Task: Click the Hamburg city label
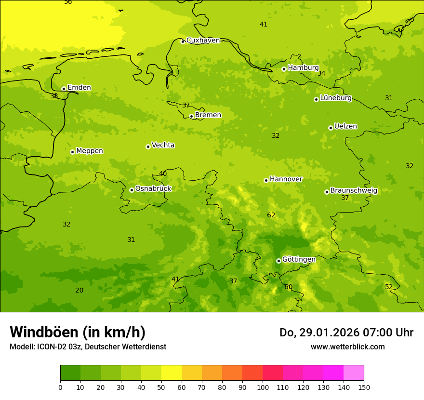click(x=303, y=68)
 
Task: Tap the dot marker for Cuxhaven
click(x=183, y=41)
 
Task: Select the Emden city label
click(x=79, y=88)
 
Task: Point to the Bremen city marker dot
click(x=191, y=116)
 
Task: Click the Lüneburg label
click(x=335, y=98)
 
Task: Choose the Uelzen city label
click(x=345, y=127)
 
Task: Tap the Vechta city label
click(x=163, y=146)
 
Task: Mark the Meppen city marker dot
click(x=72, y=152)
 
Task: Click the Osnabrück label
click(x=153, y=189)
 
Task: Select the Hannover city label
click(x=286, y=179)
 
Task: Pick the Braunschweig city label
click(x=354, y=191)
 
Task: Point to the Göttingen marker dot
click(x=278, y=261)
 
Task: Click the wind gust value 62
click(x=271, y=215)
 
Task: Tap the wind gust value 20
click(x=79, y=291)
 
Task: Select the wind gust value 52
click(x=389, y=287)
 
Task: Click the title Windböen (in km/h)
click(x=78, y=332)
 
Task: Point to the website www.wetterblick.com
click(x=347, y=347)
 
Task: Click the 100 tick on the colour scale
click(x=263, y=387)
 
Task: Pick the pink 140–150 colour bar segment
click(x=354, y=373)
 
